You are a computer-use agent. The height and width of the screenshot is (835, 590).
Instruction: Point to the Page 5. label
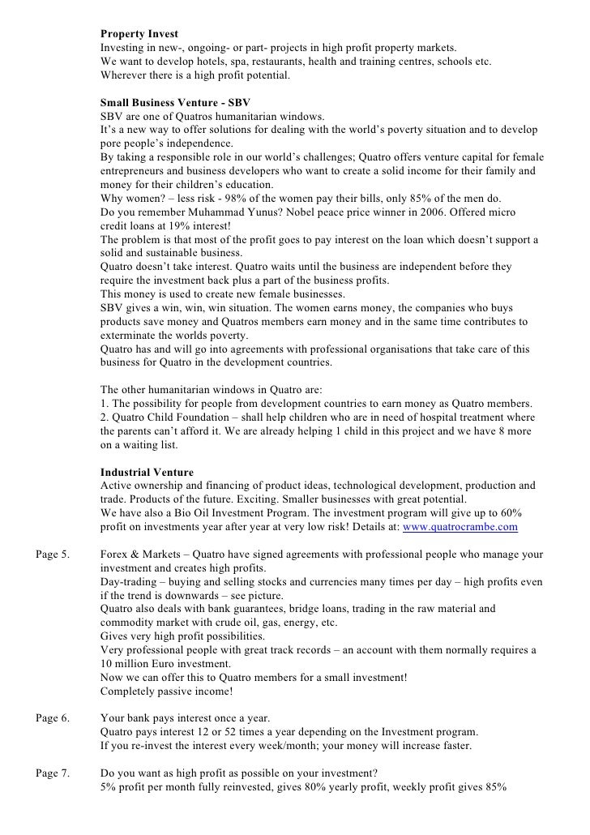click(x=53, y=555)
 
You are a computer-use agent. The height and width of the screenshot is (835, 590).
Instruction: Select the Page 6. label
click(x=53, y=717)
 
